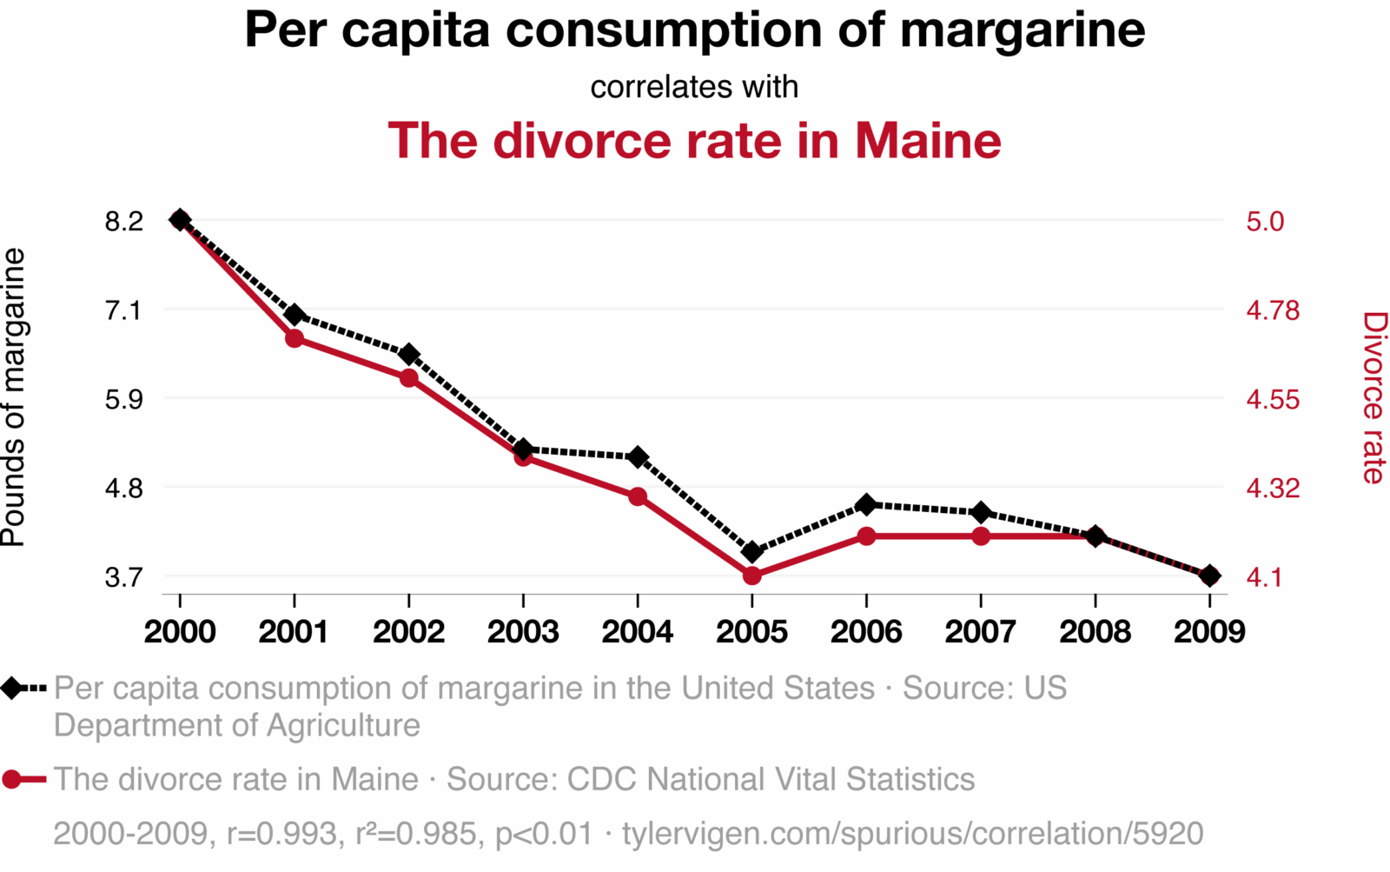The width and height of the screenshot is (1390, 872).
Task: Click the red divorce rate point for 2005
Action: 752,576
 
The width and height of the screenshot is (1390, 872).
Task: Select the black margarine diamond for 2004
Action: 638,457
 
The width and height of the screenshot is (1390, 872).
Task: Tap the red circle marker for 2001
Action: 295,338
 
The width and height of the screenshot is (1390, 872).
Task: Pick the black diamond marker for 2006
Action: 866,504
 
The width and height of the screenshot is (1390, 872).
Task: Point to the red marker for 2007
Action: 981,536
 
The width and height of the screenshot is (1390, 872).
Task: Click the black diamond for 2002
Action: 409,354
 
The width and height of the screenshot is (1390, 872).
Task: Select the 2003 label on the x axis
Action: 523,632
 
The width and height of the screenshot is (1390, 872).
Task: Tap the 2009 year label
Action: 1209,632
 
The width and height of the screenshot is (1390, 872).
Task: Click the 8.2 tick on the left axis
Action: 123,222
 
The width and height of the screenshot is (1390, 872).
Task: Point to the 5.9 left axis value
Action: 123,399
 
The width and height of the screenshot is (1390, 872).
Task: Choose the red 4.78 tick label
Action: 1273,310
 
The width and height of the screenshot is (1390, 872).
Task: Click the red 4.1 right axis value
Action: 1264,577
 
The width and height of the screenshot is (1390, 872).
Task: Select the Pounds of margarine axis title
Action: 14,397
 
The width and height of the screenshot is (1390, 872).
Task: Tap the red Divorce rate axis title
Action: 1373,397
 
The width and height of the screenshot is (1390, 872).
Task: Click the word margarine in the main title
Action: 1023,30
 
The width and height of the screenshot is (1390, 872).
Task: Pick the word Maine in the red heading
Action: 928,140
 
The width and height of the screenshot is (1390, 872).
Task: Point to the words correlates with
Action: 694,87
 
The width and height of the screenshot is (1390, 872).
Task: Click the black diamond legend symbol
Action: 12,689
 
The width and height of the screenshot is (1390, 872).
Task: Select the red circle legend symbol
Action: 12,779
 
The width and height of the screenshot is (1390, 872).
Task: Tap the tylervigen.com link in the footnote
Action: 912,834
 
